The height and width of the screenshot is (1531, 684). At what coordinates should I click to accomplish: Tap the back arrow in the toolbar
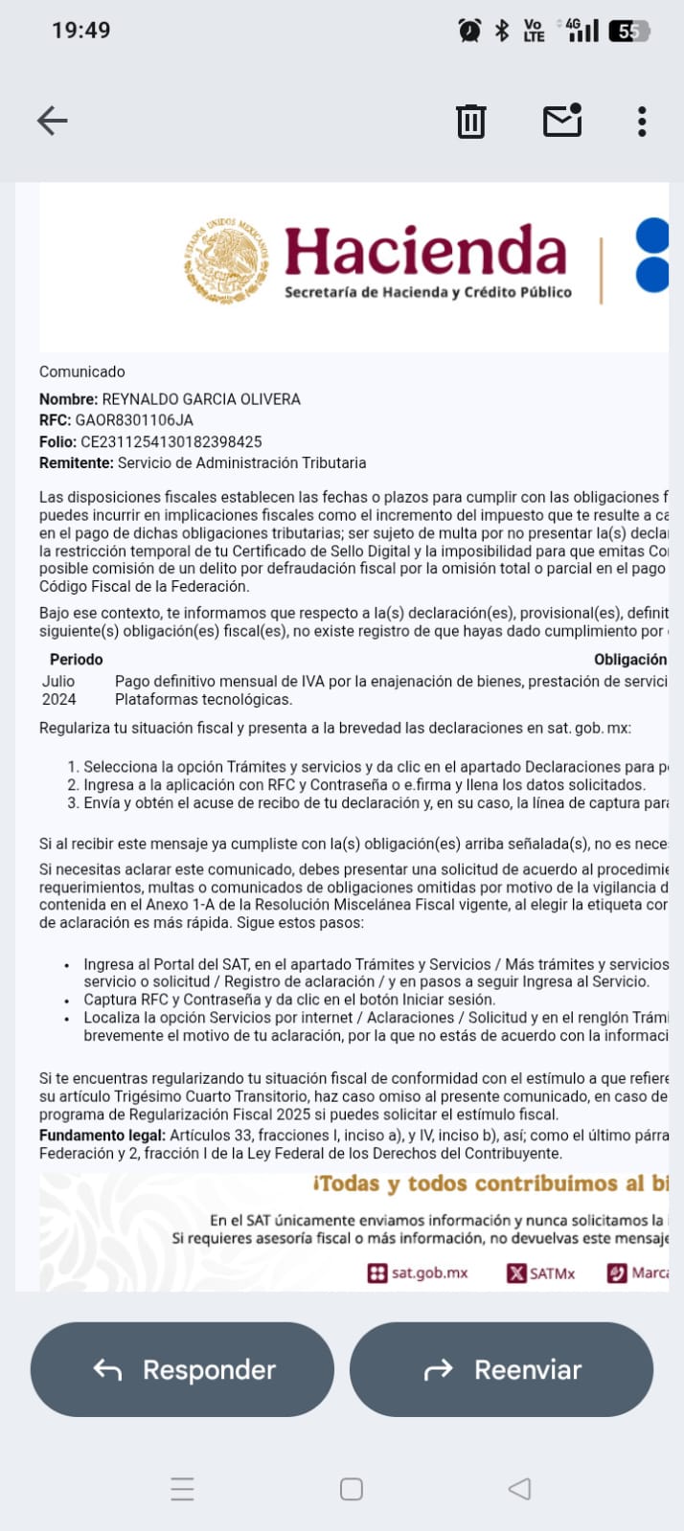(x=53, y=121)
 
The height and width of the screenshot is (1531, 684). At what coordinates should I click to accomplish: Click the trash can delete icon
(x=470, y=122)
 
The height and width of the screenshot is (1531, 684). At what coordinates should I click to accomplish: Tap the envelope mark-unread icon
(x=562, y=121)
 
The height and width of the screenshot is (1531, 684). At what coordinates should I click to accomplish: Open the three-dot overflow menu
(x=642, y=122)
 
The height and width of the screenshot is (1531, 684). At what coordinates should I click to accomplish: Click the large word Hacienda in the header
(x=425, y=251)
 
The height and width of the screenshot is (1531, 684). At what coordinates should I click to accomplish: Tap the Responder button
(x=183, y=1369)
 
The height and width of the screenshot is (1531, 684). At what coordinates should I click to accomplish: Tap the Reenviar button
(x=501, y=1369)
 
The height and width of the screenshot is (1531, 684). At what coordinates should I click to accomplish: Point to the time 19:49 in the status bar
(x=81, y=31)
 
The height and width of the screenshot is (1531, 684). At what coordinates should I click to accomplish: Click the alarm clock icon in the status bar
(x=469, y=31)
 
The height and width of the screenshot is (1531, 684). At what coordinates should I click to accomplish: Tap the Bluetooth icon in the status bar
(x=502, y=31)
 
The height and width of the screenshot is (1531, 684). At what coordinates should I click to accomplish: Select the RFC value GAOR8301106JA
(x=134, y=420)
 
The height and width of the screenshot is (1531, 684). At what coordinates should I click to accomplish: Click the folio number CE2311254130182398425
(x=171, y=441)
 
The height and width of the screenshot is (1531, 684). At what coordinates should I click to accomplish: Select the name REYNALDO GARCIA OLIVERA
(x=201, y=399)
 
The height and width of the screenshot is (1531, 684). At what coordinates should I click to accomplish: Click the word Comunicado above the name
(x=82, y=371)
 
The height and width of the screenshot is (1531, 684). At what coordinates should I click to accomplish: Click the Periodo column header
(x=77, y=660)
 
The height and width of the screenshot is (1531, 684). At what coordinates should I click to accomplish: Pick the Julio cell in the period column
(x=58, y=681)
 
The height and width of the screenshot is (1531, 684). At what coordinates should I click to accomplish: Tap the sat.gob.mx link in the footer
(x=429, y=1273)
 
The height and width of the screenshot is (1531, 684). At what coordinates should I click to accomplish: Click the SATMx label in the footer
(x=552, y=1273)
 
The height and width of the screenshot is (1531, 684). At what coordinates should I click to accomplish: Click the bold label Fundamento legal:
(x=103, y=1136)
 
